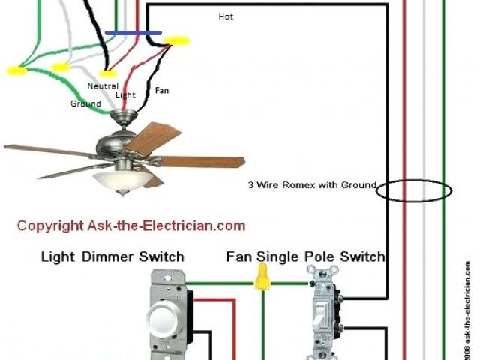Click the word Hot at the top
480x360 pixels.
tap(226, 16)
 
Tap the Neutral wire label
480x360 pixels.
tap(103, 85)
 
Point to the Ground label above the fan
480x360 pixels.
tap(85, 103)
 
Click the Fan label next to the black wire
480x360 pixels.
tap(162, 90)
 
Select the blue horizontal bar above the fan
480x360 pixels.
tap(133, 33)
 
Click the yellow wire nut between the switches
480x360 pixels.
tap(262, 280)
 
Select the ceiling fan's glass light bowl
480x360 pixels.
tap(120, 180)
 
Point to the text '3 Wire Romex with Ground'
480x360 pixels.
tap(312, 184)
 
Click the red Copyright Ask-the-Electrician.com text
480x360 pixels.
tap(130, 225)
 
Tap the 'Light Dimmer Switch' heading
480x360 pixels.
tap(112, 257)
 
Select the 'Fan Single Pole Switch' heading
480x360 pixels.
tap(305, 257)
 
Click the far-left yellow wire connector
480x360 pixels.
tap(15, 71)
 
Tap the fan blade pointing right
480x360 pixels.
tap(201, 161)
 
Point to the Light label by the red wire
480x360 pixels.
tap(125, 95)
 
